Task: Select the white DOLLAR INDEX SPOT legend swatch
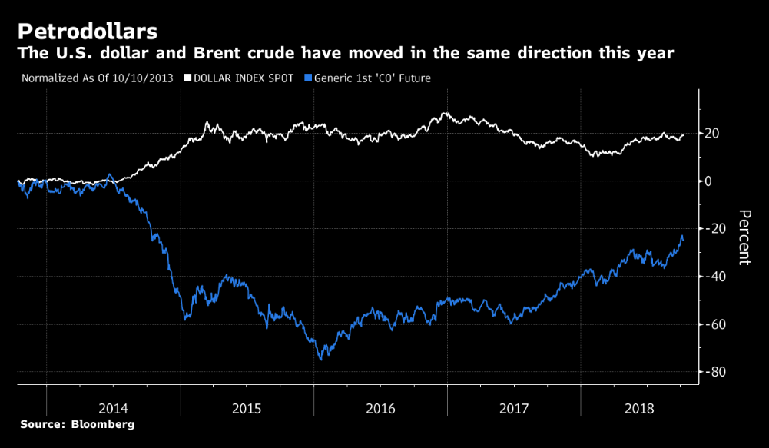[x=187, y=78]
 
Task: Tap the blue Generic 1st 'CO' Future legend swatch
[x=308, y=78]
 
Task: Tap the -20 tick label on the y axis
[x=715, y=229]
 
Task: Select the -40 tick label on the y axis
[x=715, y=277]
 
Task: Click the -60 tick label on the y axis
[x=715, y=324]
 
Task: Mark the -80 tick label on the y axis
[x=715, y=372]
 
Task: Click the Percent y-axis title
[x=744, y=237]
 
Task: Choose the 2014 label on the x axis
[x=114, y=407]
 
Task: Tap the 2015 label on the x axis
[x=247, y=407]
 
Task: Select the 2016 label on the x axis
[x=381, y=407]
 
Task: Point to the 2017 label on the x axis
[x=515, y=407]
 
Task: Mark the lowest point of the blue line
[x=321, y=360]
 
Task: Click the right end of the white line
[x=683, y=135]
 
